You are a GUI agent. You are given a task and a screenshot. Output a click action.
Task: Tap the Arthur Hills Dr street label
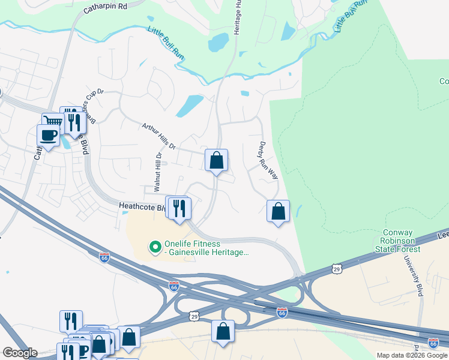(x=158, y=137)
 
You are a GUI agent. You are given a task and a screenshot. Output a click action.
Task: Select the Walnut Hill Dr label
(x=158, y=172)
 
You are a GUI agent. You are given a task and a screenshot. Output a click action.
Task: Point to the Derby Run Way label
(x=268, y=161)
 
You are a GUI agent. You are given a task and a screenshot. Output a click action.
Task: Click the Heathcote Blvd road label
(x=142, y=207)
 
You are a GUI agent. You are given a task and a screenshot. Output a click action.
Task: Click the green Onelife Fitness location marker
(x=155, y=246)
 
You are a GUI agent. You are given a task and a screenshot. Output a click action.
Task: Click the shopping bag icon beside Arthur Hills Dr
(x=216, y=160)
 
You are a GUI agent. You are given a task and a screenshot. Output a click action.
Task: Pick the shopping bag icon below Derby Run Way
(x=278, y=211)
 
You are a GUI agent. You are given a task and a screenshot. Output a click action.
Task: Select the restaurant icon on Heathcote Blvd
(x=179, y=208)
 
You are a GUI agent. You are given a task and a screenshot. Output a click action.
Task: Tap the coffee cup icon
(x=48, y=135)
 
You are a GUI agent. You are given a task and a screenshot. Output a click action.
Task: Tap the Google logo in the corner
(x=19, y=353)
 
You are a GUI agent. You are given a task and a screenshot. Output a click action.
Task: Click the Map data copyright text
(x=412, y=355)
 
